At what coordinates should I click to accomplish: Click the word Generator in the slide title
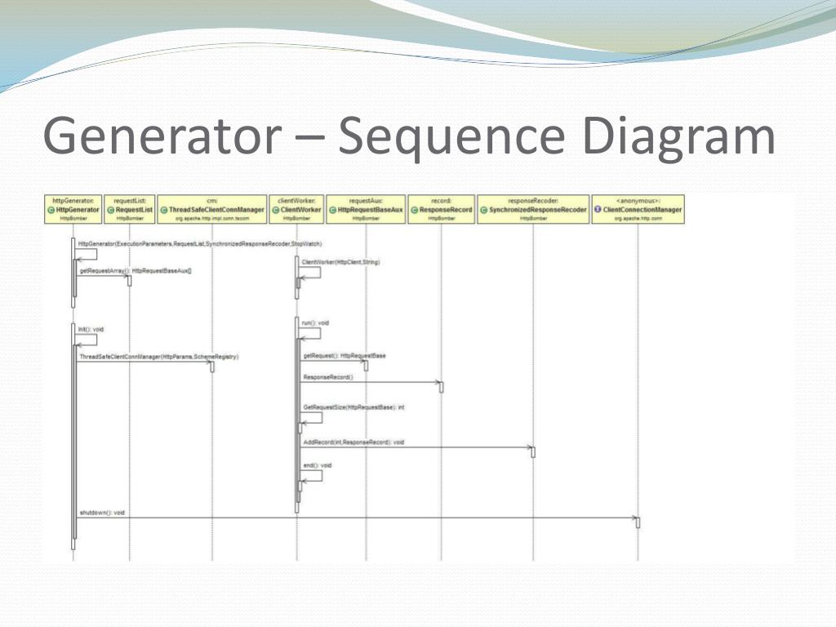(158, 137)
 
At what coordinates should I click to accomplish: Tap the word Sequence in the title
(447, 137)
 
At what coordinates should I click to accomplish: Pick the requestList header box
(129, 209)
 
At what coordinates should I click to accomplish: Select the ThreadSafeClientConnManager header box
(211, 209)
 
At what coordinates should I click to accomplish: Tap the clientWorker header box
(296, 209)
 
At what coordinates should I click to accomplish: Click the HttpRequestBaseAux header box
(365, 209)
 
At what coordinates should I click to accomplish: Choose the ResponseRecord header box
(441, 209)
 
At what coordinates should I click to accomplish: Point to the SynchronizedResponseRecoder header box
(532, 209)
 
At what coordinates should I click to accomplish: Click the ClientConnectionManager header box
(638, 209)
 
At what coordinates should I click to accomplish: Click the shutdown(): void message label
(102, 512)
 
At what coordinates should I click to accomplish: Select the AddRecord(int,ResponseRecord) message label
(354, 442)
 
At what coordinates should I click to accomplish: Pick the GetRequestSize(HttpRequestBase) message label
(354, 407)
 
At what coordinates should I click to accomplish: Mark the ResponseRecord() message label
(328, 377)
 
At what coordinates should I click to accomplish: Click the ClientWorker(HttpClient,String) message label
(340, 262)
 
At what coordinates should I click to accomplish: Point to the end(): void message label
(318, 465)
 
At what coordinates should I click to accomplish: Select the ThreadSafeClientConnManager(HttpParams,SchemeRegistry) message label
(158, 357)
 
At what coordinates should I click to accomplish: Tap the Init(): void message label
(91, 329)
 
